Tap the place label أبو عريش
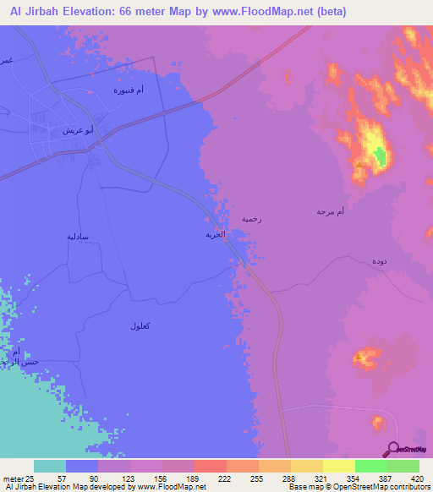(78, 131)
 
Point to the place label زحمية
(251, 218)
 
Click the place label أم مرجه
(331, 210)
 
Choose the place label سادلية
(78, 237)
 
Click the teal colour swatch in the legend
(50, 466)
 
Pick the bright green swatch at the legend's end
(403, 466)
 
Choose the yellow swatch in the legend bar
(339, 466)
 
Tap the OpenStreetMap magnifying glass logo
(393, 449)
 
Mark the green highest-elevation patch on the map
(380, 156)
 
